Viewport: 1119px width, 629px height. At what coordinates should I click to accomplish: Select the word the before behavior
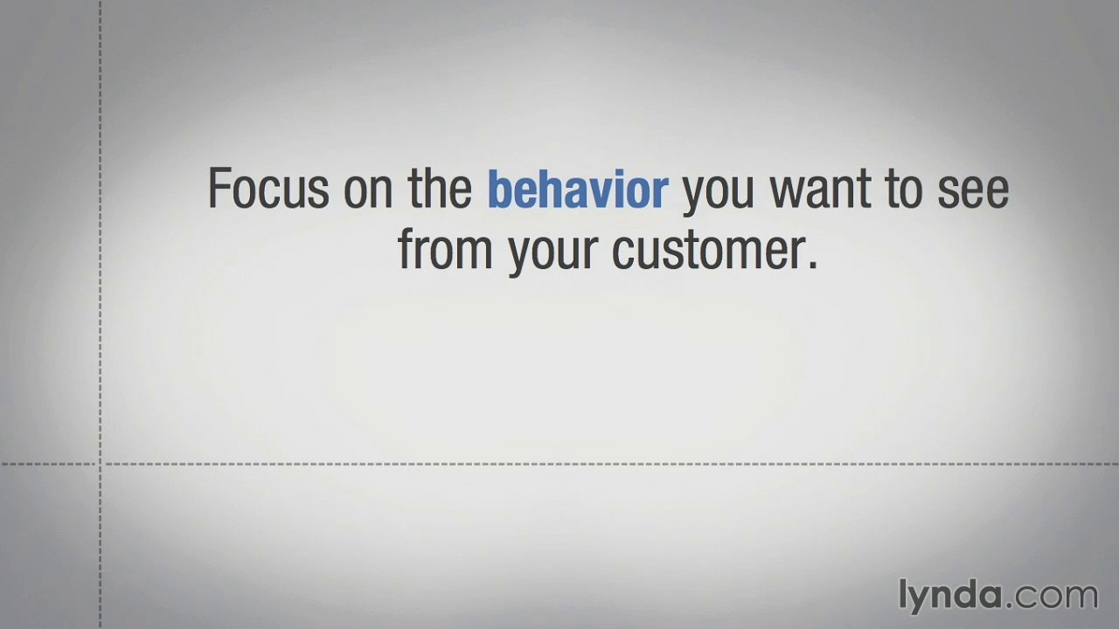pos(440,189)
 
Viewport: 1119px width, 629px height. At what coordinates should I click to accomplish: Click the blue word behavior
pos(578,190)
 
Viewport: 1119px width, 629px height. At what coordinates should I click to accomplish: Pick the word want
pos(822,190)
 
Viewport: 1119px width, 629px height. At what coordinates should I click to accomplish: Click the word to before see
pos(901,190)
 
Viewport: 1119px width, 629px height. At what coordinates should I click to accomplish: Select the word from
pos(445,250)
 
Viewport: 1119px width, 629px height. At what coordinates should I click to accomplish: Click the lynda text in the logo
pos(950,595)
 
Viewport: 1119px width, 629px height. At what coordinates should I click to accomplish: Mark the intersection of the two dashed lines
pos(101,464)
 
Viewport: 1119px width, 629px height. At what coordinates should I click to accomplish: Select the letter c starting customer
pos(622,252)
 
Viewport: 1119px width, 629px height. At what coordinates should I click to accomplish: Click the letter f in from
pos(406,249)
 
